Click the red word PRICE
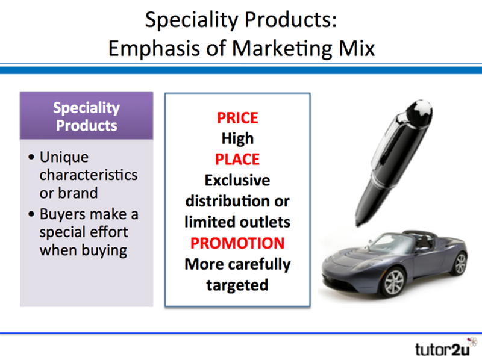(x=237, y=117)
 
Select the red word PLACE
(x=237, y=159)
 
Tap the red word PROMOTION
(x=237, y=243)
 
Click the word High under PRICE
(x=237, y=138)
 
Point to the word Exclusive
(x=237, y=180)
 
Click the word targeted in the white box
(x=237, y=285)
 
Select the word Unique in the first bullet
(x=64, y=157)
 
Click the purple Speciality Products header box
(x=86, y=117)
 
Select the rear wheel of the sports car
(x=460, y=263)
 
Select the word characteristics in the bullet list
(x=88, y=176)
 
